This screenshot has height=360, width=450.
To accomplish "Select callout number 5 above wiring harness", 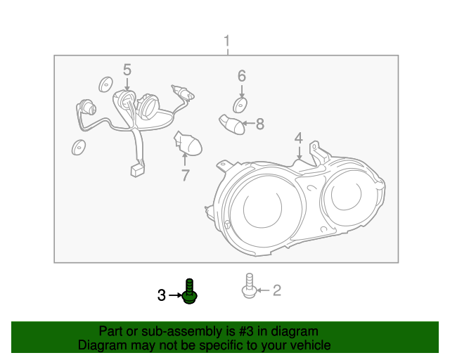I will [x=127, y=70].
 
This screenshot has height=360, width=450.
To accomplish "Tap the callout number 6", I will [x=241, y=75].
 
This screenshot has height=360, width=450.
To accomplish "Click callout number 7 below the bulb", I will [x=186, y=175].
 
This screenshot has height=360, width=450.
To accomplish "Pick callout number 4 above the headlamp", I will [x=299, y=138].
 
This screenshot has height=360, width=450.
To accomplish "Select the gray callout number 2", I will [x=276, y=290].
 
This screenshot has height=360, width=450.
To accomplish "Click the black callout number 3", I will [x=162, y=296].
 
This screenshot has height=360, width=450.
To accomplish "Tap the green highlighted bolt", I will [x=189, y=291].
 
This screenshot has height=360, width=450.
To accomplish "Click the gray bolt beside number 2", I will [x=249, y=285].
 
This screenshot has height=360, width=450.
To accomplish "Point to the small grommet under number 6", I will [x=240, y=106].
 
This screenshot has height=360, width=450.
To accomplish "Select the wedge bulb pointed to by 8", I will [x=231, y=124].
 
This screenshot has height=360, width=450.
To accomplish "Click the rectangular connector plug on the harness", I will [x=135, y=169].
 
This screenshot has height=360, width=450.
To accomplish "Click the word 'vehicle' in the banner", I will [x=308, y=345].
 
